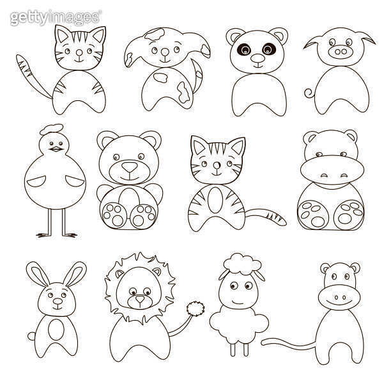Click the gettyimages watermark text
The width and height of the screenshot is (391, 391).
[55, 17]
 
